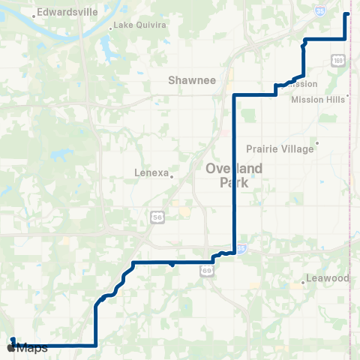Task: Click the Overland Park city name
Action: pos(235,175)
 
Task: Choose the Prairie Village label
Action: pos(280,148)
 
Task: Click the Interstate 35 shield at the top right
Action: pos(320,11)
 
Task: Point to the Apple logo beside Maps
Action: pos(10,347)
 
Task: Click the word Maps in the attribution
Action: pos(32,347)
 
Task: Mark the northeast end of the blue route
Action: pos(346,14)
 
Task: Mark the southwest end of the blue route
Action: pos(12,339)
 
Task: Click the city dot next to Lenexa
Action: pos(172,177)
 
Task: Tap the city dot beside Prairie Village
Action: pos(318,142)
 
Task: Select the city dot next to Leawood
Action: pos(303,282)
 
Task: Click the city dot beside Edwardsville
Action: pos(34,16)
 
